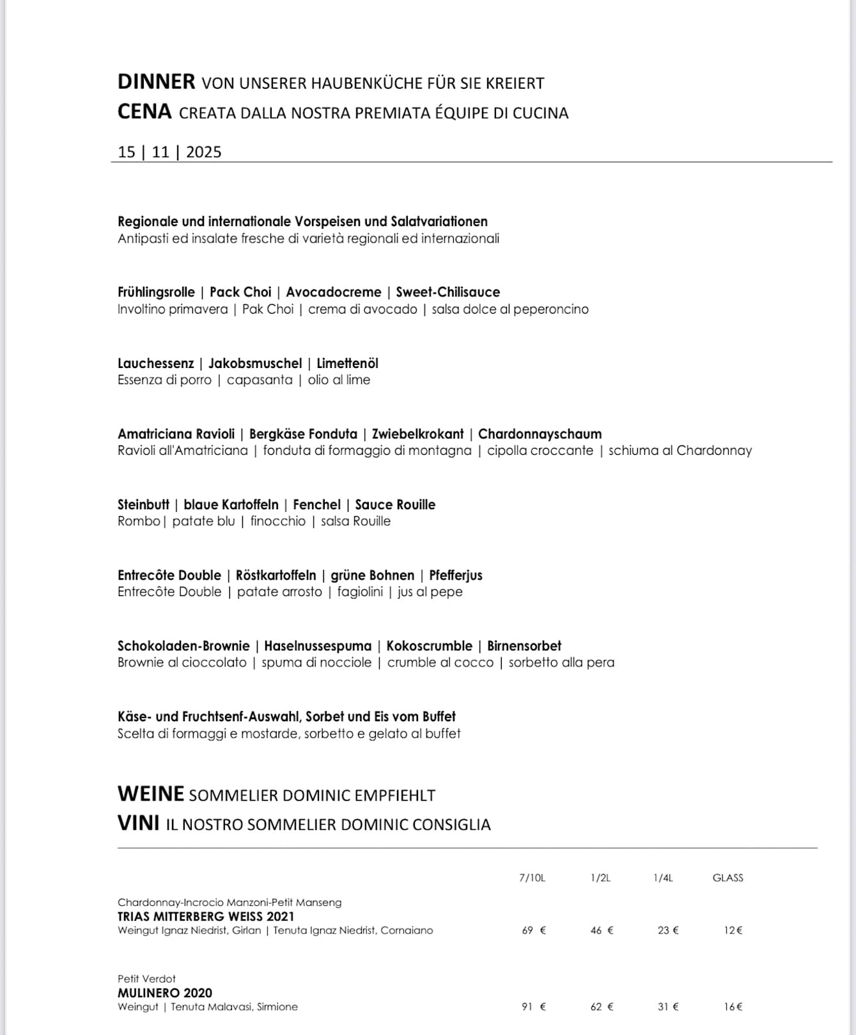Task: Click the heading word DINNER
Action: click(156, 82)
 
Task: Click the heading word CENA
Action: click(144, 112)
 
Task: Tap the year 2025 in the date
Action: click(203, 152)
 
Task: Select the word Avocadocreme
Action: click(333, 292)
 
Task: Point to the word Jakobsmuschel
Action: click(254, 364)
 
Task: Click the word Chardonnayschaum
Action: click(540, 434)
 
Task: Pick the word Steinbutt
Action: click(143, 505)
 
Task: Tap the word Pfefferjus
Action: click(455, 575)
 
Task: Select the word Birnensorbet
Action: click(524, 646)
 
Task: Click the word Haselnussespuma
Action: click(317, 646)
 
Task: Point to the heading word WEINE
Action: click(150, 794)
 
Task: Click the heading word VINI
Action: click(138, 824)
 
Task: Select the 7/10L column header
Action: click(532, 878)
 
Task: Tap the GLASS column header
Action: click(728, 878)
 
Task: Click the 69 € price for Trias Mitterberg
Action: click(534, 930)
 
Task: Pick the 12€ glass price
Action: click(733, 930)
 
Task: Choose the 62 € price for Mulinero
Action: click(602, 1007)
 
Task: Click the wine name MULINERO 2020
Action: click(165, 993)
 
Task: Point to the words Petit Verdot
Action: click(146, 979)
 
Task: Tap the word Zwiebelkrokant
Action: click(417, 434)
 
